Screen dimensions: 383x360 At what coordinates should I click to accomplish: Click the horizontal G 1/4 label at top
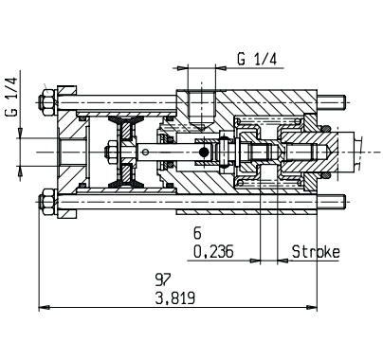(257, 59)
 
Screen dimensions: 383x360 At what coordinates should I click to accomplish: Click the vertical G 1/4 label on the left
(11, 97)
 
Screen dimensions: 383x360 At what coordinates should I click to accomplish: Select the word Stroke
(316, 252)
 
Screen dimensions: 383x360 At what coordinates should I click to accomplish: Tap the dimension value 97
(163, 279)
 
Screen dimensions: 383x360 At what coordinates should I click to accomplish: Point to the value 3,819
(175, 297)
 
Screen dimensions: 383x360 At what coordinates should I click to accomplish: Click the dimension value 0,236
(213, 252)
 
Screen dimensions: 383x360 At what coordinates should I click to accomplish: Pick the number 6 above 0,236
(197, 234)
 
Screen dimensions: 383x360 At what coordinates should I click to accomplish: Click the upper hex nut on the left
(47, 101)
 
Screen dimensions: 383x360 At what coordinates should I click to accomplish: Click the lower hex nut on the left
(47, 202)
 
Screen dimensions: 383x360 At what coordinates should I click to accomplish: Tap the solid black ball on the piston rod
(204, 153)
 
